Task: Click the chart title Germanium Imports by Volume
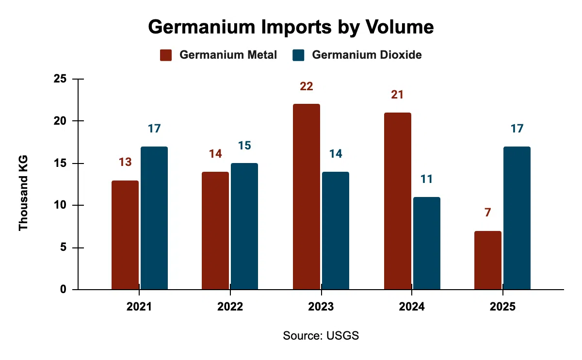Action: [291, 27]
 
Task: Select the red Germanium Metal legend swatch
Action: [166, 55]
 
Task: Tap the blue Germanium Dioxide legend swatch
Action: [298, 55]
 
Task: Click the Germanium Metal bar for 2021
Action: [125, 235]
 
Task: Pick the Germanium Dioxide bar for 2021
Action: [154, 218]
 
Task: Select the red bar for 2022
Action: [215, 231]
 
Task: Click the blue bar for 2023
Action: [336, 231]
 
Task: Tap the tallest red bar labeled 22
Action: [306, 197]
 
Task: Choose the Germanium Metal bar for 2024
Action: [397, 201]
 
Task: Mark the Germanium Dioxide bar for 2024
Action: [427, 244]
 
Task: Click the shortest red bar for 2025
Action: [488, 261]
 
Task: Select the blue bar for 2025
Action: [517, 218]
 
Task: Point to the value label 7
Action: [488, 213]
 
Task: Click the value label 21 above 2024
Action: [397, 95]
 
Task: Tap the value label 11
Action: [427, 179]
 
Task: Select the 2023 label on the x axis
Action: [321, 307]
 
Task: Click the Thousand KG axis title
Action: [23, 193]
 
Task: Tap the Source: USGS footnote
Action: [321, 336]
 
